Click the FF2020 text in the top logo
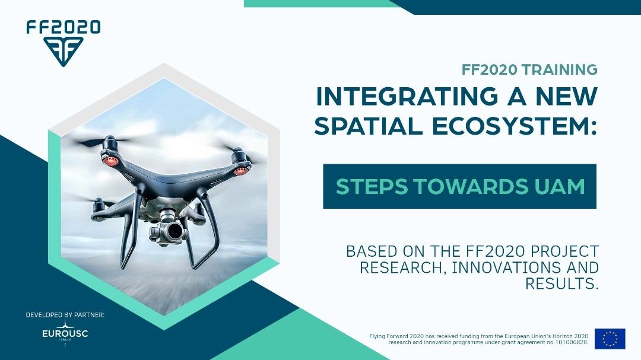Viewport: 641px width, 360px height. click(x=64, y=27)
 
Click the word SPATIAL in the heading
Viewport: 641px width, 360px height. click(x=369, y=126)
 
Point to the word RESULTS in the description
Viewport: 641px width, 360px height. click(x=561, y=283)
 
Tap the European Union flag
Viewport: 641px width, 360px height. click(x=610, y=339)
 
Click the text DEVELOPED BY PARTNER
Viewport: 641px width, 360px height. click(x=65, y=315)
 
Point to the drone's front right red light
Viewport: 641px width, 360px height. click(x=240, y=171)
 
